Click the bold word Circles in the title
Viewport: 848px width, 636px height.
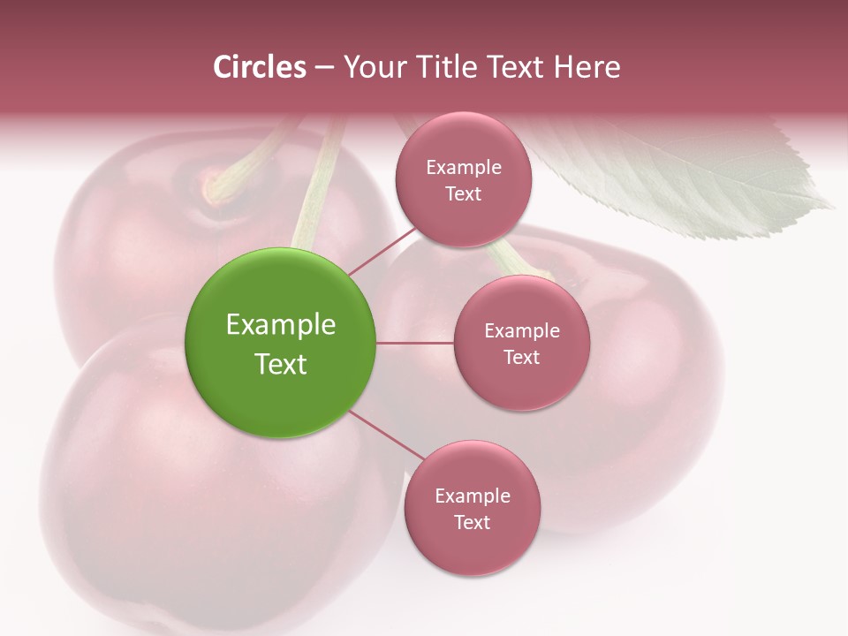[260, 67]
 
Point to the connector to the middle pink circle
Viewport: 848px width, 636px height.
[414, 343]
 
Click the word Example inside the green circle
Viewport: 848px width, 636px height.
[281, 325]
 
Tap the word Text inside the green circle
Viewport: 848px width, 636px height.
[281, 364]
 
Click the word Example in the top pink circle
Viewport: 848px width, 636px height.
[464, 167]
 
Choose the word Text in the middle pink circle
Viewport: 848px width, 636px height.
[522, 357]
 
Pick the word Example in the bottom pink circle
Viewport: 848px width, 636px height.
[473, 496]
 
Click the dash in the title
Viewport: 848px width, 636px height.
[324, 68]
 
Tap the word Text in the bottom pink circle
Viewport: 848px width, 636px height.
[473, 522]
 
